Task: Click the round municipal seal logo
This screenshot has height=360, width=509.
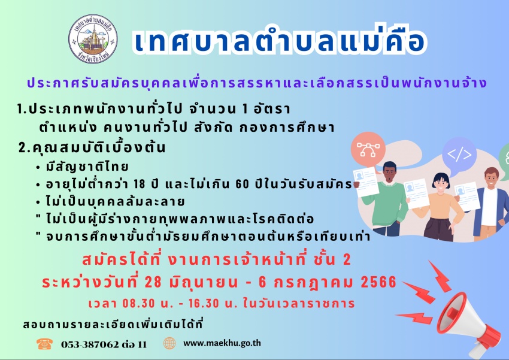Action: pos(93,39)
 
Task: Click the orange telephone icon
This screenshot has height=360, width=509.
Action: pos(44,344)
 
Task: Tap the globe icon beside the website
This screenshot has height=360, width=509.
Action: pos(169,343)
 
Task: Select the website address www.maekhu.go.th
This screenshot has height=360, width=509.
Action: pos(222,343)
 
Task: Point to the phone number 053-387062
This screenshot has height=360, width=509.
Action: pos(90,344)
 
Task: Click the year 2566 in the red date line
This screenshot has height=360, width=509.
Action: pos(378,282)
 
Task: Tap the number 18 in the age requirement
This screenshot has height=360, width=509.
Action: pos(140,184)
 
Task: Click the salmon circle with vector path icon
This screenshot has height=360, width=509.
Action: pos(368,149)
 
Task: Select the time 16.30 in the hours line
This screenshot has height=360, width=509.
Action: pos(204,304)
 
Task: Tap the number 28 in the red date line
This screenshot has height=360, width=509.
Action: pos(153,282)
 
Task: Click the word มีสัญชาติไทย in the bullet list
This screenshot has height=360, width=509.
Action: pos(87,167)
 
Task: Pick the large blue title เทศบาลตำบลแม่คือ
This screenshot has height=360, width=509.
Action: pos(279,40)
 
